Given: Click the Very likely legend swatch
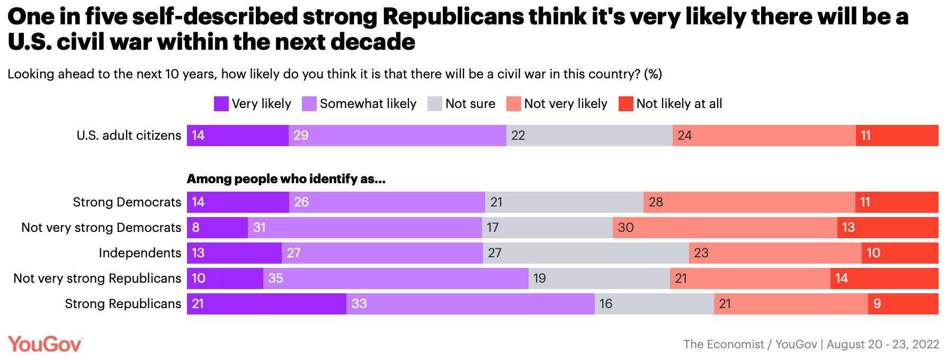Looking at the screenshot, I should (221, 104).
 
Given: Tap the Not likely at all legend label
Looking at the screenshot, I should (679, 104).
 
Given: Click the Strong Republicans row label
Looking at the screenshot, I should (123, 304).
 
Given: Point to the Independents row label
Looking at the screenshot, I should (140, 253).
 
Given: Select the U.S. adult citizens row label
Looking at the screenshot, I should (129, 136).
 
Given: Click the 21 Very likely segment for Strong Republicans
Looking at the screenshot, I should (266, 304).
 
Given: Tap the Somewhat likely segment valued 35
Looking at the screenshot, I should (396, 278).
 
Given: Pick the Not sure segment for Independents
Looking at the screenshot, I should (586, 253).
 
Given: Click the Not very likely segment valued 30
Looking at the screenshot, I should (725, 228).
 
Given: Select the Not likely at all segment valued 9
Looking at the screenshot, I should (903, 304).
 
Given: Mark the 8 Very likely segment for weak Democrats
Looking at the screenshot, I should (217, 228).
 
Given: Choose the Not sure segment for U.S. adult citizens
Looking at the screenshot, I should (589, 136).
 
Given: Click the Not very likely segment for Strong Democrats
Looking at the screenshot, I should (749, 202).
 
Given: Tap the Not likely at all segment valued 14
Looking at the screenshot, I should (885, 278).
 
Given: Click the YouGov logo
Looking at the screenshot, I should (45, 344).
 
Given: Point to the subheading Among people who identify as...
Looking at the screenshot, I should (286, 179).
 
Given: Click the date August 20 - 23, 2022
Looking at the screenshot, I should (883, 344).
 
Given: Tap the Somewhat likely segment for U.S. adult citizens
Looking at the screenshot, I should (397, 136).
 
